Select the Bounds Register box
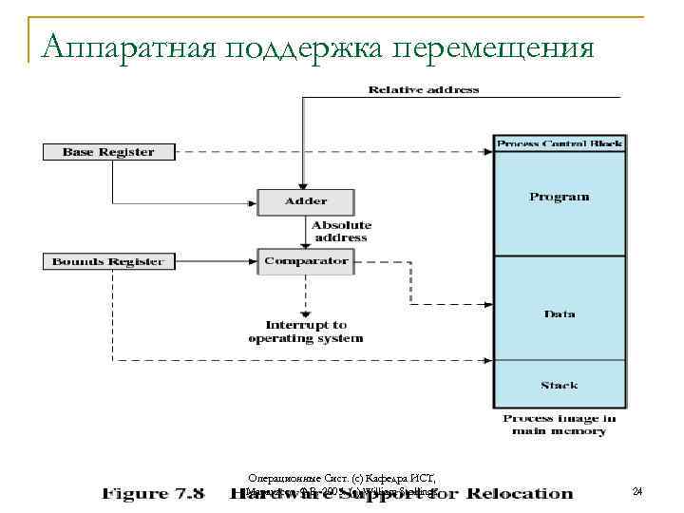[107, 261]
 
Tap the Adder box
[306, 201]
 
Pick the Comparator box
[306, 260]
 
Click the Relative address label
[424, 90]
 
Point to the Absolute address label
[339, 231]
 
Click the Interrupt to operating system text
[306, 332]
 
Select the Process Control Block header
[560, 144]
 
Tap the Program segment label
[560, 197]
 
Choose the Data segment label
[560, 313]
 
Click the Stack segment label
[560, 385]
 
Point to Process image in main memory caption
[560, 425]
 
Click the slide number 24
[637, 491]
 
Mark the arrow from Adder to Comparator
[306, 232]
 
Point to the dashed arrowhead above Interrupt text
[306, 313]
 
